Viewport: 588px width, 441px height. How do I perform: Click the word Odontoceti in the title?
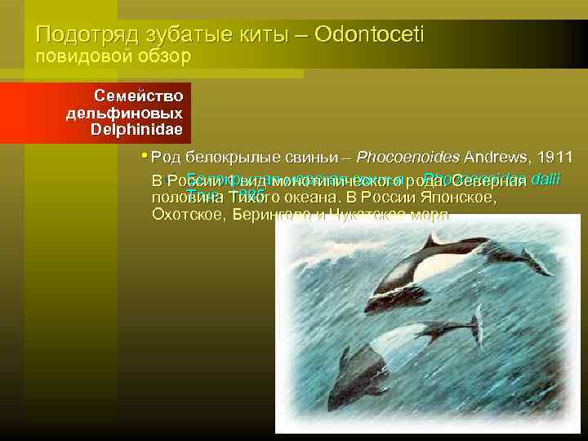[x=371, y=35]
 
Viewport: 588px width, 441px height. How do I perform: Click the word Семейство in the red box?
[x=138, y=96]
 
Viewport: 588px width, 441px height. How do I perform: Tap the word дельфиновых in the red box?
[x=124, y=113]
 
